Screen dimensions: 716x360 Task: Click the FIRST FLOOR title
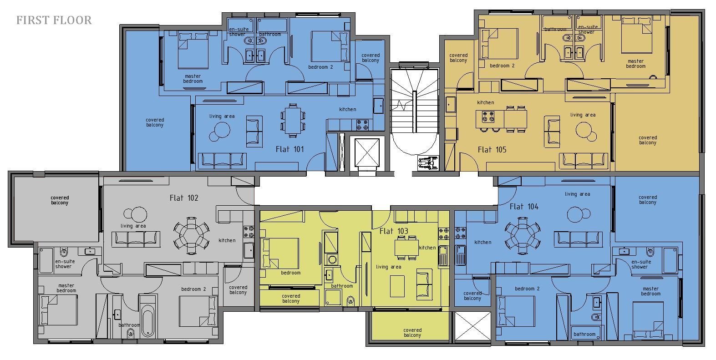coord(54,20)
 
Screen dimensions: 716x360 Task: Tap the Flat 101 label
coord(289,149)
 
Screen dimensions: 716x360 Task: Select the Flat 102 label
coord(184,198)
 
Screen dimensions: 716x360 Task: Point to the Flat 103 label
coord(394,231)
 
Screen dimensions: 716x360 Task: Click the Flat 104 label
coord(524,207)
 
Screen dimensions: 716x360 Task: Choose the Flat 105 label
coord(492,150)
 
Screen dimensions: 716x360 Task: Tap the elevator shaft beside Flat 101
coord(367,153)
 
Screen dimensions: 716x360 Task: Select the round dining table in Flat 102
coord(191,236)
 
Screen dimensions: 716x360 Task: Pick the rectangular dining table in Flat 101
coord(293,121)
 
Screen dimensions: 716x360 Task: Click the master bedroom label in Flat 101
coord(193,79)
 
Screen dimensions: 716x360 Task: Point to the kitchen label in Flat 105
coord(486,102)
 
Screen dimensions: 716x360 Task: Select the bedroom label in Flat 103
coord(290,273)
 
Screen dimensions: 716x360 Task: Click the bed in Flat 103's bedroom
coord(280,253)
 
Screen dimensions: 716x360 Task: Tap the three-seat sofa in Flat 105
coord(584,161)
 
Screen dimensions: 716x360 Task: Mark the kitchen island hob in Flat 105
coord(488,117)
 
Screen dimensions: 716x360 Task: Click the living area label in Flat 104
coord(577,194)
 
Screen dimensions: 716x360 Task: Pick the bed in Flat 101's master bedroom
coord(193,50)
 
